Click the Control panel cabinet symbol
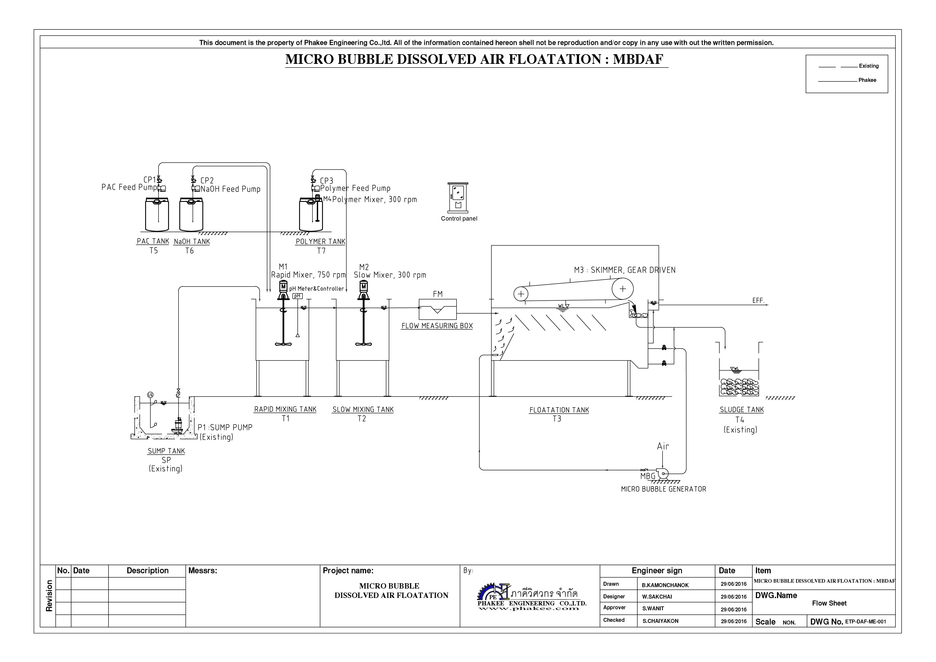[458, 197]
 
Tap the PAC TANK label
[153, 241]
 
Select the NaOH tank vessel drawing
[191, 214]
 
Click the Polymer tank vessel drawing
[311, 214]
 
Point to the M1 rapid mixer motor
[283, 288]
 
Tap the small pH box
[298, 296]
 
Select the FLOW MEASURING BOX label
[437, 326]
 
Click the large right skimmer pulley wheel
[622, 289]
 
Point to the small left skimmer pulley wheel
[521, 294]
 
